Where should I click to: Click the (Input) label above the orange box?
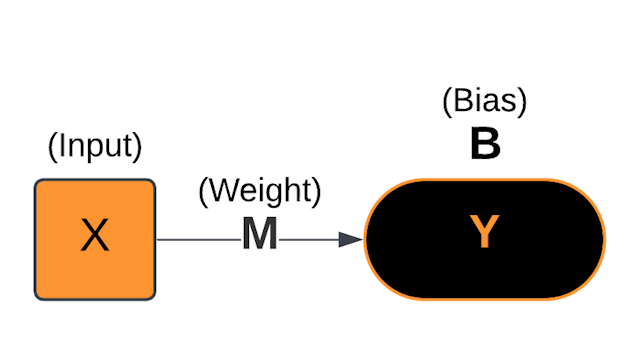95,146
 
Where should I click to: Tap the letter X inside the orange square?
94,237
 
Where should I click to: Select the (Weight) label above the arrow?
259,190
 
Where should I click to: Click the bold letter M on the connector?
259,234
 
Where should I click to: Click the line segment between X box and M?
197,240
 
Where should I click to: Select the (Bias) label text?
484,101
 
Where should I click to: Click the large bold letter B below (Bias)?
485,145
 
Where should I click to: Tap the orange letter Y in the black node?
484,233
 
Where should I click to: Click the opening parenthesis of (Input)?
52,147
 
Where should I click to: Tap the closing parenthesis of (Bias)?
522,102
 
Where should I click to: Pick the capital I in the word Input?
61,146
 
